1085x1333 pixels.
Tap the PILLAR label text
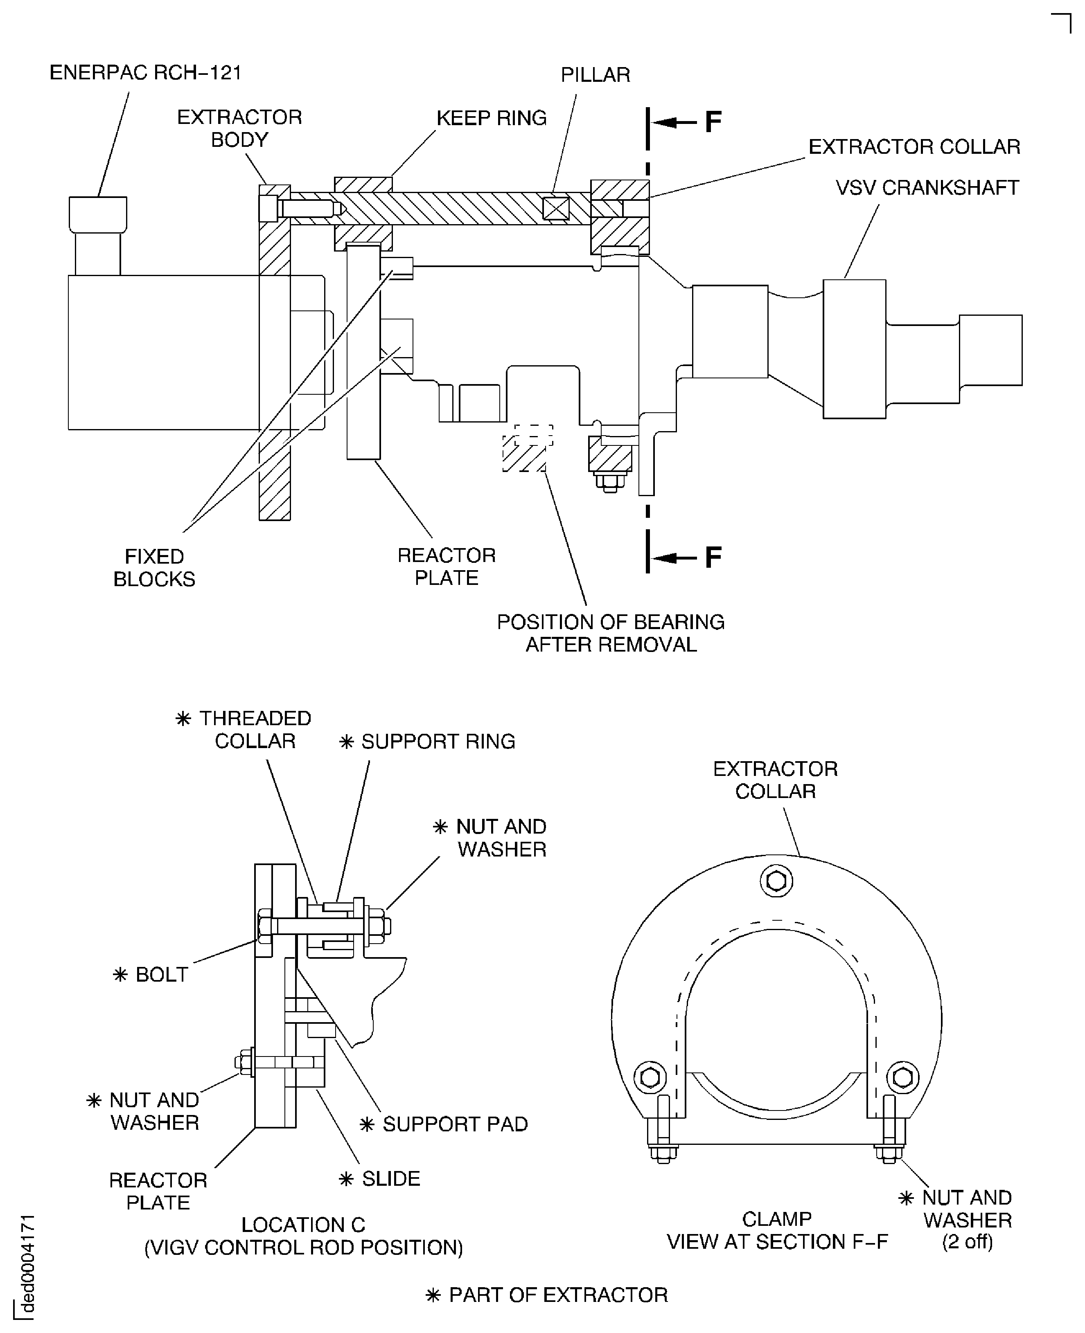coord(595,75)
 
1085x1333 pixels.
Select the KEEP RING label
coord(491,118)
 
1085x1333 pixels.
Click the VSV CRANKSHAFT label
coord(927,188)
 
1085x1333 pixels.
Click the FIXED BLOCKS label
coord(154,568)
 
